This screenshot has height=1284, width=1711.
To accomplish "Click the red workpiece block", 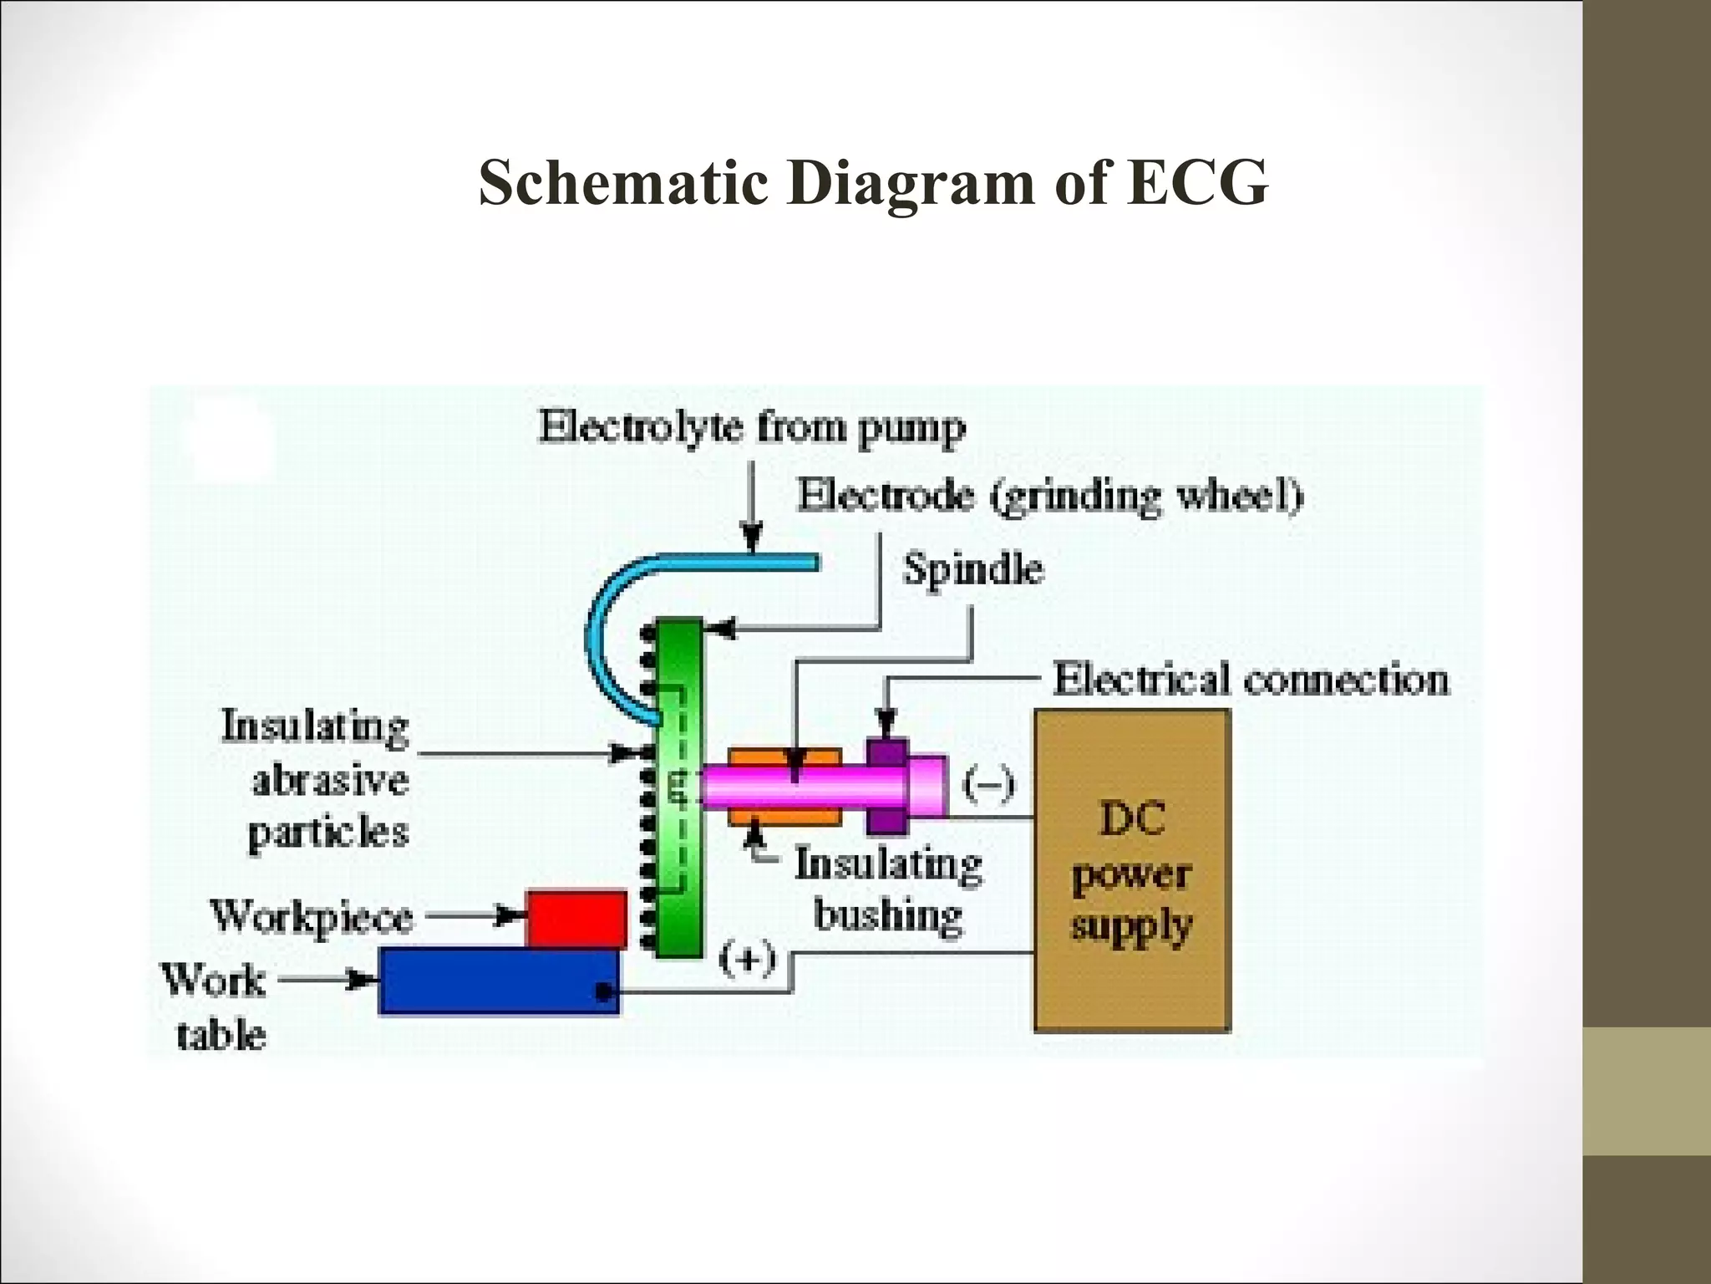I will pyautogui.click(x=576, y=918).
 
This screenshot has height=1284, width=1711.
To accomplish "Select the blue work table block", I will pyautogui.click(x=499, y=980).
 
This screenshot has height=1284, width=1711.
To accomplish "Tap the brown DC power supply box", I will pyautogui.click(x=1131, y=869).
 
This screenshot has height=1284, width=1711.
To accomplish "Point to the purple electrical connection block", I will pyautogui.click(x=886, y=786).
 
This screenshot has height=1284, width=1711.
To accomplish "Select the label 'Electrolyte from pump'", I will pyautogui.click(x=752, y=427).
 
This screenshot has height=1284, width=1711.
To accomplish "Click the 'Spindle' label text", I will pyautogui.click(x=973, y=570).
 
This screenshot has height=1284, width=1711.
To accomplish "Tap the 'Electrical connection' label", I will pyautogui.click(x=1251, y=679).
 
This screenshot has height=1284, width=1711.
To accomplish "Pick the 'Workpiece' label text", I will pyautogui.click(x=312, y=917).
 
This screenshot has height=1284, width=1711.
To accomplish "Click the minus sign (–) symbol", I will pyautogui.click(x=989, y=784).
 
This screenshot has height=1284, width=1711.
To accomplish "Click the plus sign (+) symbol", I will pyautogui.click(x=748, y=959).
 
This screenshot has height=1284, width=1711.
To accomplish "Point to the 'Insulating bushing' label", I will pyautogui.click(x=888, y=889).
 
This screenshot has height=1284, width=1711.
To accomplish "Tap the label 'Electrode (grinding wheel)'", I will pyautogui.click(x=1050, y=496).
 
